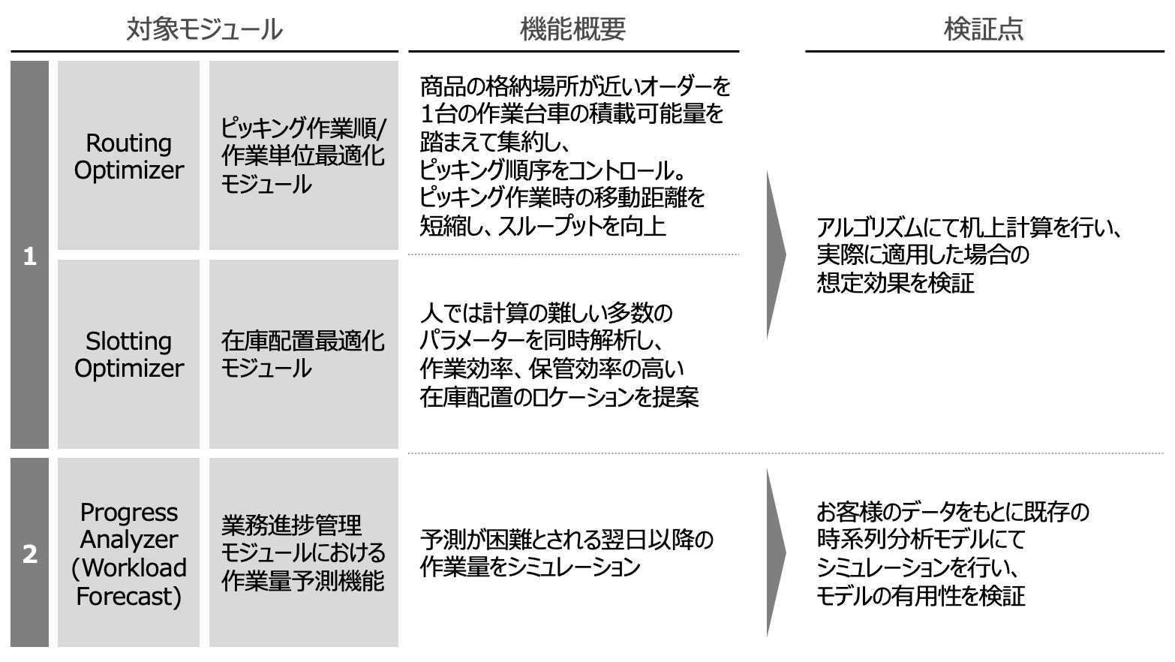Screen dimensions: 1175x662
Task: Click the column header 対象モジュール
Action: point(204,30)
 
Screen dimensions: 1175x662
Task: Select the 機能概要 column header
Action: point(572,30)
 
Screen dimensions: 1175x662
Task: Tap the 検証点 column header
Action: point(983,30)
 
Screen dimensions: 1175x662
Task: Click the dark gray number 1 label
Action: point(30,257)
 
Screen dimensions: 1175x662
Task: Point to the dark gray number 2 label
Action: point(30,554)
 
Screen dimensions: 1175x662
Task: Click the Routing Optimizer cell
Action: point(128,156)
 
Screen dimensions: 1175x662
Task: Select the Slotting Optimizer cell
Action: point(128,354)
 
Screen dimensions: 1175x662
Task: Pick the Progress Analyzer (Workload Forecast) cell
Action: point(128,554)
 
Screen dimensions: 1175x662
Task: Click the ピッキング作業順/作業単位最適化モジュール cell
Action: point(303,156)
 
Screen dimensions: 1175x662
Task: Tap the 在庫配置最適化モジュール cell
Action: point(303,354)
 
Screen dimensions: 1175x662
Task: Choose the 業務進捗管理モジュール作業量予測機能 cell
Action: point(303,554)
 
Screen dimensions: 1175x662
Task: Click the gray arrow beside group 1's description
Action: point(776,255)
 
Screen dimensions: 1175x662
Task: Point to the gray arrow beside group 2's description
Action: point(776,554)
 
